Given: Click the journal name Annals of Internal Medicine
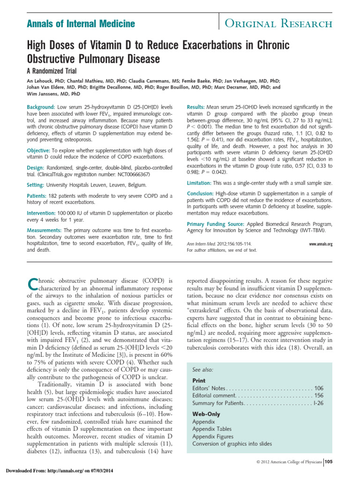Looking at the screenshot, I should [80, 23].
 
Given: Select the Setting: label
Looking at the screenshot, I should [37, 185].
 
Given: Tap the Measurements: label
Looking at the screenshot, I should [45, 231].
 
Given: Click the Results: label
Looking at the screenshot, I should [197, 107].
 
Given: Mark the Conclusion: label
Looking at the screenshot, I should [202, 194].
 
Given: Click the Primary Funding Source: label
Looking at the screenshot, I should [217, 224].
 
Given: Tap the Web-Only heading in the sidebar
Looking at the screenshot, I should [206, 414].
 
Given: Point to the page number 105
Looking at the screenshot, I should [329, 462].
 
